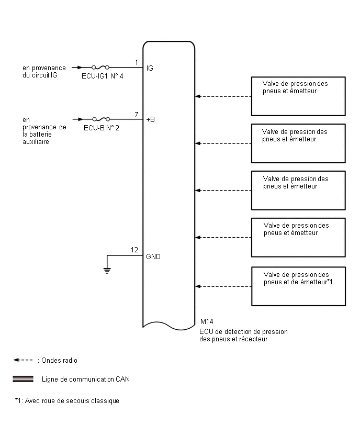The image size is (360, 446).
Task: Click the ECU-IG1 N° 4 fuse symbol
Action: tap(100, 68)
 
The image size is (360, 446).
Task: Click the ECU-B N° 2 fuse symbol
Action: tap(101, 119)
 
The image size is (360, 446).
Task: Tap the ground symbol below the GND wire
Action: tap(107, 271)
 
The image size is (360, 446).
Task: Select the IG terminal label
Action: tap(150, 68)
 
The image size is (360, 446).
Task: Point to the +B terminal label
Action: tap(150, 119)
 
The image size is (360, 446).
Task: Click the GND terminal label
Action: tap(153, 257)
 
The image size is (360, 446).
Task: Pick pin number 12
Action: tap(134, 250)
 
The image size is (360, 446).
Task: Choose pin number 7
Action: tap(136, 114)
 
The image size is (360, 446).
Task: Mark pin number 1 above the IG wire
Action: tap(137, 62)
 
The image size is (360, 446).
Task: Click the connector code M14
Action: tap(207, 321)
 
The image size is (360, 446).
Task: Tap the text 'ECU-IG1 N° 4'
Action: tap(103, 76)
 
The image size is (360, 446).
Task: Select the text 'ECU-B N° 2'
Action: tap(102, 128)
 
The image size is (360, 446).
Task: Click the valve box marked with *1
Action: tap(298, 286)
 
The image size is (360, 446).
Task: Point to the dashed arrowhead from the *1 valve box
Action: tap(198, 286)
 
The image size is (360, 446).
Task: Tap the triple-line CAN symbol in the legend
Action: tap(23, 379)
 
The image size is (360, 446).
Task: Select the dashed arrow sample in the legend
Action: tap(23, 360)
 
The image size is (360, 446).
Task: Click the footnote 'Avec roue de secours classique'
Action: tap(72, 401)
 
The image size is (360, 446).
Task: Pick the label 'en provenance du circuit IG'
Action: tap(44, 71)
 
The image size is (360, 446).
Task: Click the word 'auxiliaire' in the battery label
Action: tap(36, 142)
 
